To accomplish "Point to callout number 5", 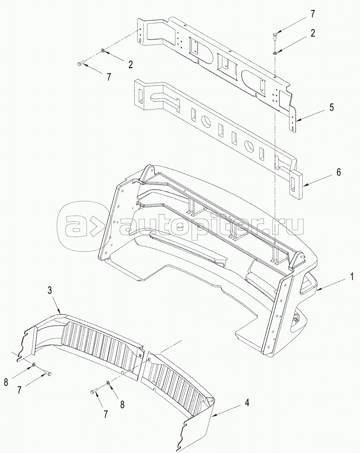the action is (331, 108).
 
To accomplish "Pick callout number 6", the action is (338, 172).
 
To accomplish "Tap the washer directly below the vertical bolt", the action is (275, 53).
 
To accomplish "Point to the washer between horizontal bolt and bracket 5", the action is (102, 51).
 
